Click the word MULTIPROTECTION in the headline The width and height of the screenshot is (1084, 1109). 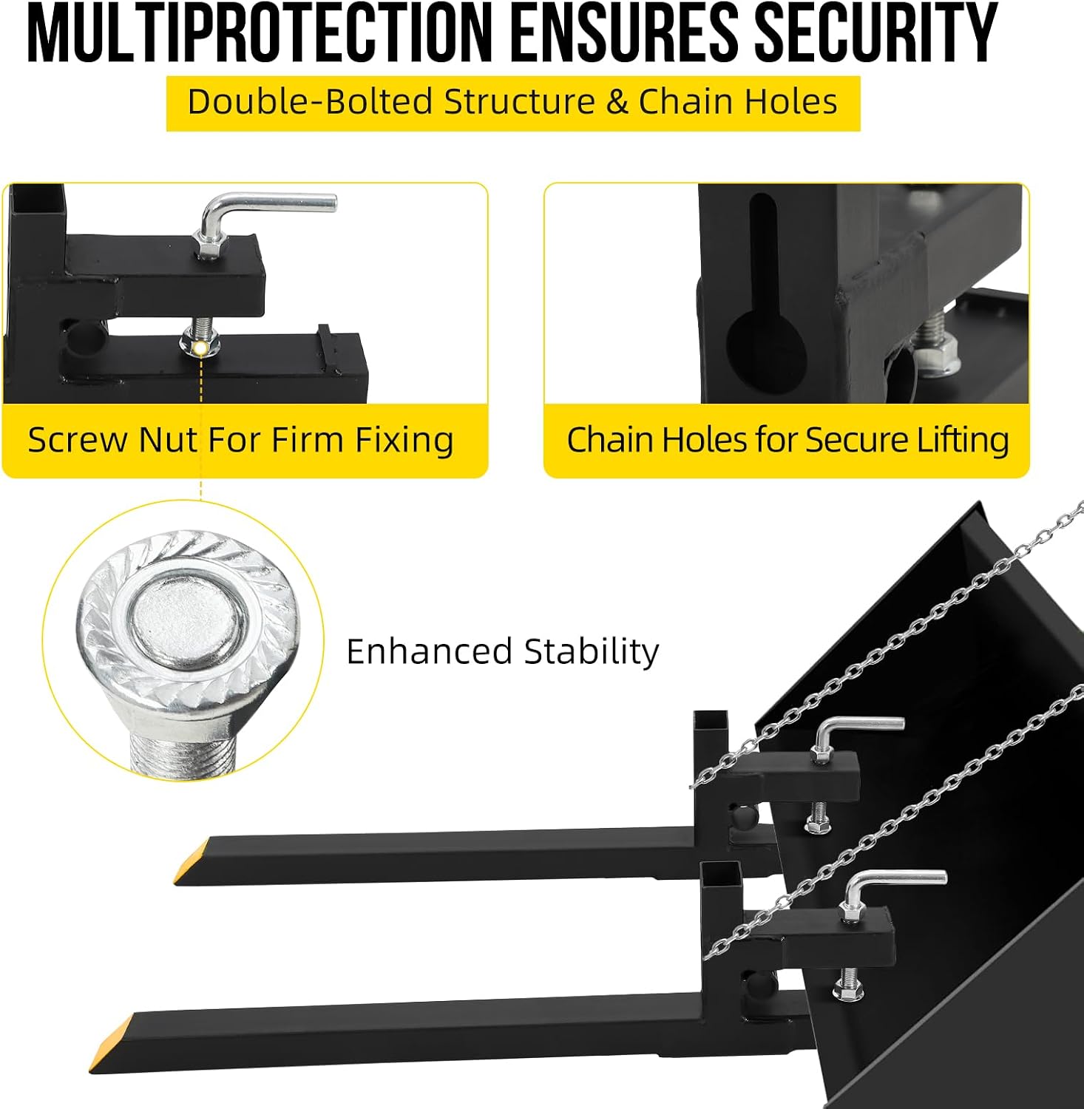pos(259,34)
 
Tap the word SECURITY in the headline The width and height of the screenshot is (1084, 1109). pos(875,34)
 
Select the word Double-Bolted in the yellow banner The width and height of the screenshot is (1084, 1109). pos(310,101)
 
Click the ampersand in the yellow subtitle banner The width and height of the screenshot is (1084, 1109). pos(617,102)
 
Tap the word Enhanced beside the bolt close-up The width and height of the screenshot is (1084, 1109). pos(430,652)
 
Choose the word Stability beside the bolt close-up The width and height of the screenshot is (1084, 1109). pos(592,653)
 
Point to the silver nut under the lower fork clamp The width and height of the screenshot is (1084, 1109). pos(848,990)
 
